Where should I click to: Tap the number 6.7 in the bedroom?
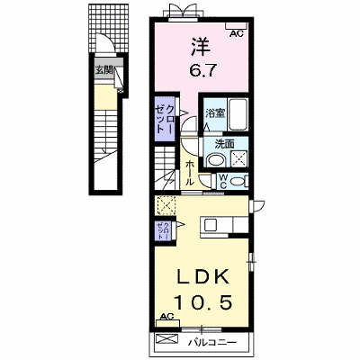click(x=202, y=71)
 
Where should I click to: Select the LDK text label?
click(x=203, y=277)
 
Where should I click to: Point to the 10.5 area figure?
click(x=203, y=301)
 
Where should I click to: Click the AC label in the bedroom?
click(x=237, y=34)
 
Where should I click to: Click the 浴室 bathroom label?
click(x=215, y=113)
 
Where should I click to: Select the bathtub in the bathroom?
click(x=238, y=114)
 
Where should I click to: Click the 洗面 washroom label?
click(x=224, y=144)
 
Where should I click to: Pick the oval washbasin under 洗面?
click(x=217, y=160)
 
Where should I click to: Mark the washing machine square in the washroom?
click(x=239, y=158)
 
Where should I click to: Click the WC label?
click(x=223, y=182)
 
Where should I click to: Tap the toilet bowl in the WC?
click(x=238, y=182)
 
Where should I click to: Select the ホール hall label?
click(x=190, y=173)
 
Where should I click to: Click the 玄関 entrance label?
click(x=103, y=71)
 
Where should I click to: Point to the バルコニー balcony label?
click(x=212, y=342)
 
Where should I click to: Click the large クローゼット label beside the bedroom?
click(x=164, y=119)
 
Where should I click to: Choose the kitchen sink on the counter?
click(x=210, y=225)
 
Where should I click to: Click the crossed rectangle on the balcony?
click(x=167, y=339)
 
